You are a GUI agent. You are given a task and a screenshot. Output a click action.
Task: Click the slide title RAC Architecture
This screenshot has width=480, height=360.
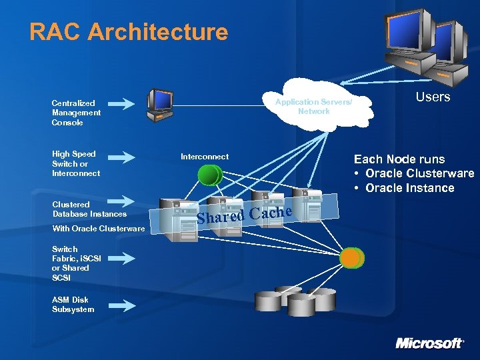point(129,32)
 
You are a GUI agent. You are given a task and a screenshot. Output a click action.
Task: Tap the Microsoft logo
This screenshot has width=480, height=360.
point(429,343)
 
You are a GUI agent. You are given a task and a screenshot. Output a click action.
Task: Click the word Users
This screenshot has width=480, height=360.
point(433,97)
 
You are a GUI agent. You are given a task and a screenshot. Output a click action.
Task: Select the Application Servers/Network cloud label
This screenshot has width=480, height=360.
point(313,107)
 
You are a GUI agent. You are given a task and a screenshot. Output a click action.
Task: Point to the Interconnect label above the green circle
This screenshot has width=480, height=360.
point(205,157)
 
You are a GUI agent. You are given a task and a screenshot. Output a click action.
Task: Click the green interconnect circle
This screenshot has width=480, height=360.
point(209,175)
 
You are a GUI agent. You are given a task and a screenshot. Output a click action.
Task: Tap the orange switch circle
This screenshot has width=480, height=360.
point(351,257)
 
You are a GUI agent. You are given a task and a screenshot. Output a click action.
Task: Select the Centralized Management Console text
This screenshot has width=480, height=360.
point(76,113)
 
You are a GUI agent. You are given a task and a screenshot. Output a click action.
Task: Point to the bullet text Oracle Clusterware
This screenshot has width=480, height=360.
point(419,173)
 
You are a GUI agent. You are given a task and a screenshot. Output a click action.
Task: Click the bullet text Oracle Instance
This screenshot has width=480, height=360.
point(409,188)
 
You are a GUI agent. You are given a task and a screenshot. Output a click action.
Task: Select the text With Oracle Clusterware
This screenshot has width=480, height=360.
point(98,229)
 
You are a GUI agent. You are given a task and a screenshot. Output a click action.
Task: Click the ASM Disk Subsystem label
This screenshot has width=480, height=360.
point(73,305)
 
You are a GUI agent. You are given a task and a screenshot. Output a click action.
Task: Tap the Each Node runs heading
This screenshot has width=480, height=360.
point(399,159)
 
